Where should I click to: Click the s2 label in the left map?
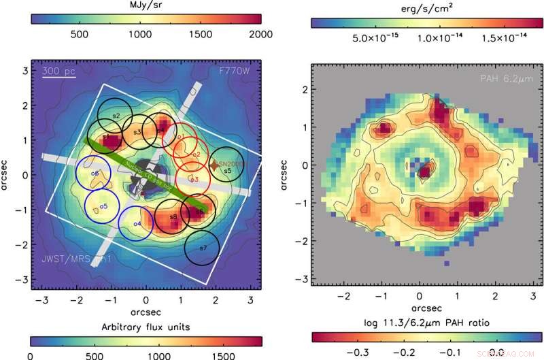point(116,116)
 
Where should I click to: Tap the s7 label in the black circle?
point(203,248)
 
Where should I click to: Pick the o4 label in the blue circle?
point(137,223)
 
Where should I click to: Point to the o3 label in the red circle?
point(194,180)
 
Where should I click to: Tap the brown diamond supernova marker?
point(214,165)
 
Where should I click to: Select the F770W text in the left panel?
point(235,71)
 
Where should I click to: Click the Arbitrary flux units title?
point(146,327)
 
